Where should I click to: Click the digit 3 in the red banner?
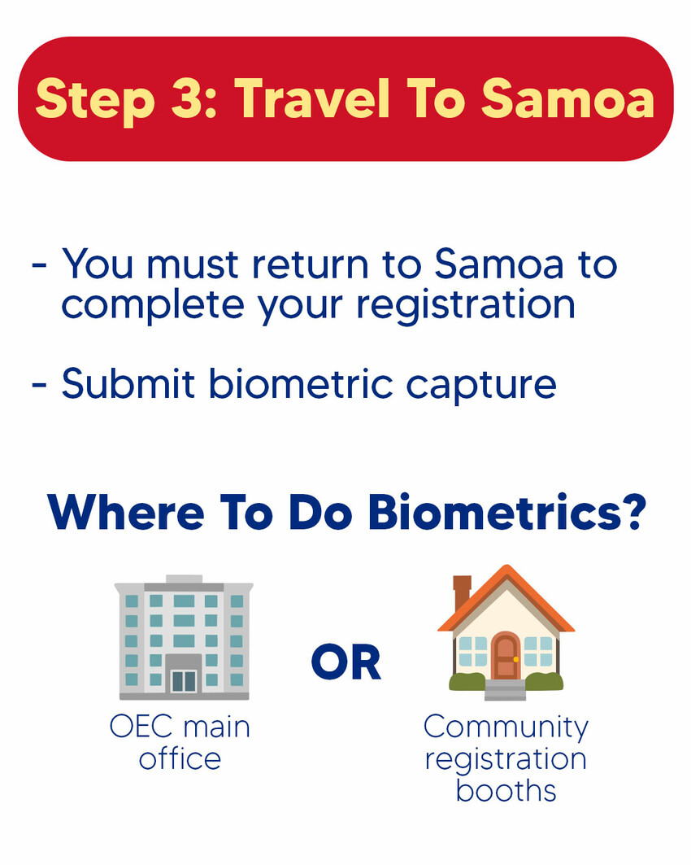(x=185, y=98)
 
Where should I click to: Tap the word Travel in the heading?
(x=312, y=98)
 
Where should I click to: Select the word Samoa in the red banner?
(x=567, y=98)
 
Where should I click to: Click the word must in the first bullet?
(x=193, y=264)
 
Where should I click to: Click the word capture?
(x=481, y=386)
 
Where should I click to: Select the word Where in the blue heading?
(x=126, y=512)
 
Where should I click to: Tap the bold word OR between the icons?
(x=346, y=662)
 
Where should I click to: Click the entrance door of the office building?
(x=184, y=680)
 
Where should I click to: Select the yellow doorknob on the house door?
(x=515, y=658)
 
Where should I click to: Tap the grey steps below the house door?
(x=506, y=689)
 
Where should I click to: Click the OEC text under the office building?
(x=141, y=727)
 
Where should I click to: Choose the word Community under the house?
(x=506, y=728)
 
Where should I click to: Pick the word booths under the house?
(x=506, y=790)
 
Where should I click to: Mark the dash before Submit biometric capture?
(x=40, y=385)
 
